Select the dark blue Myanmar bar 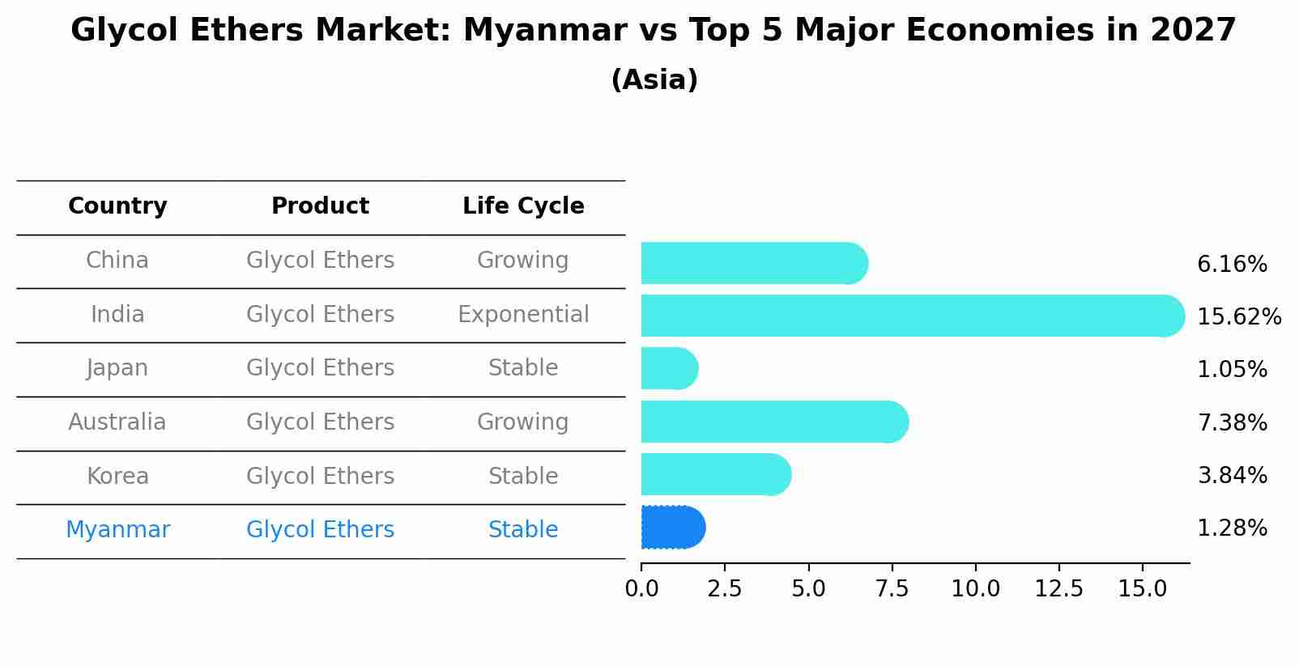[x=672, y=528]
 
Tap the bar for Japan [x=669, y=369]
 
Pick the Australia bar [x=773, y=422]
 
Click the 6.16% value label [x=1232, y=265]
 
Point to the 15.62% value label [x=1238, y=317]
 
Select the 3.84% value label [x=1232, y=476]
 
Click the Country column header [x=117, y=206]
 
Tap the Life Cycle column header [x=523, y=206]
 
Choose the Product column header [x=320, y=206]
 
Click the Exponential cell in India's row [x=523, y=315]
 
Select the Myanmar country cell [x=117, y=530]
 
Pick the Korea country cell [x=117, y=477]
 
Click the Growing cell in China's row [x=522, y=261]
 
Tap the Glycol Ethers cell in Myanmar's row [x=320, y=530]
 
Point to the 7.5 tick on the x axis [x=892, y=589]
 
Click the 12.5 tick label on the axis [x=1058, y=589]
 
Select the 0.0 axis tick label [x=641, y=589]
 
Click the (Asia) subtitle [x=654, y=80]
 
